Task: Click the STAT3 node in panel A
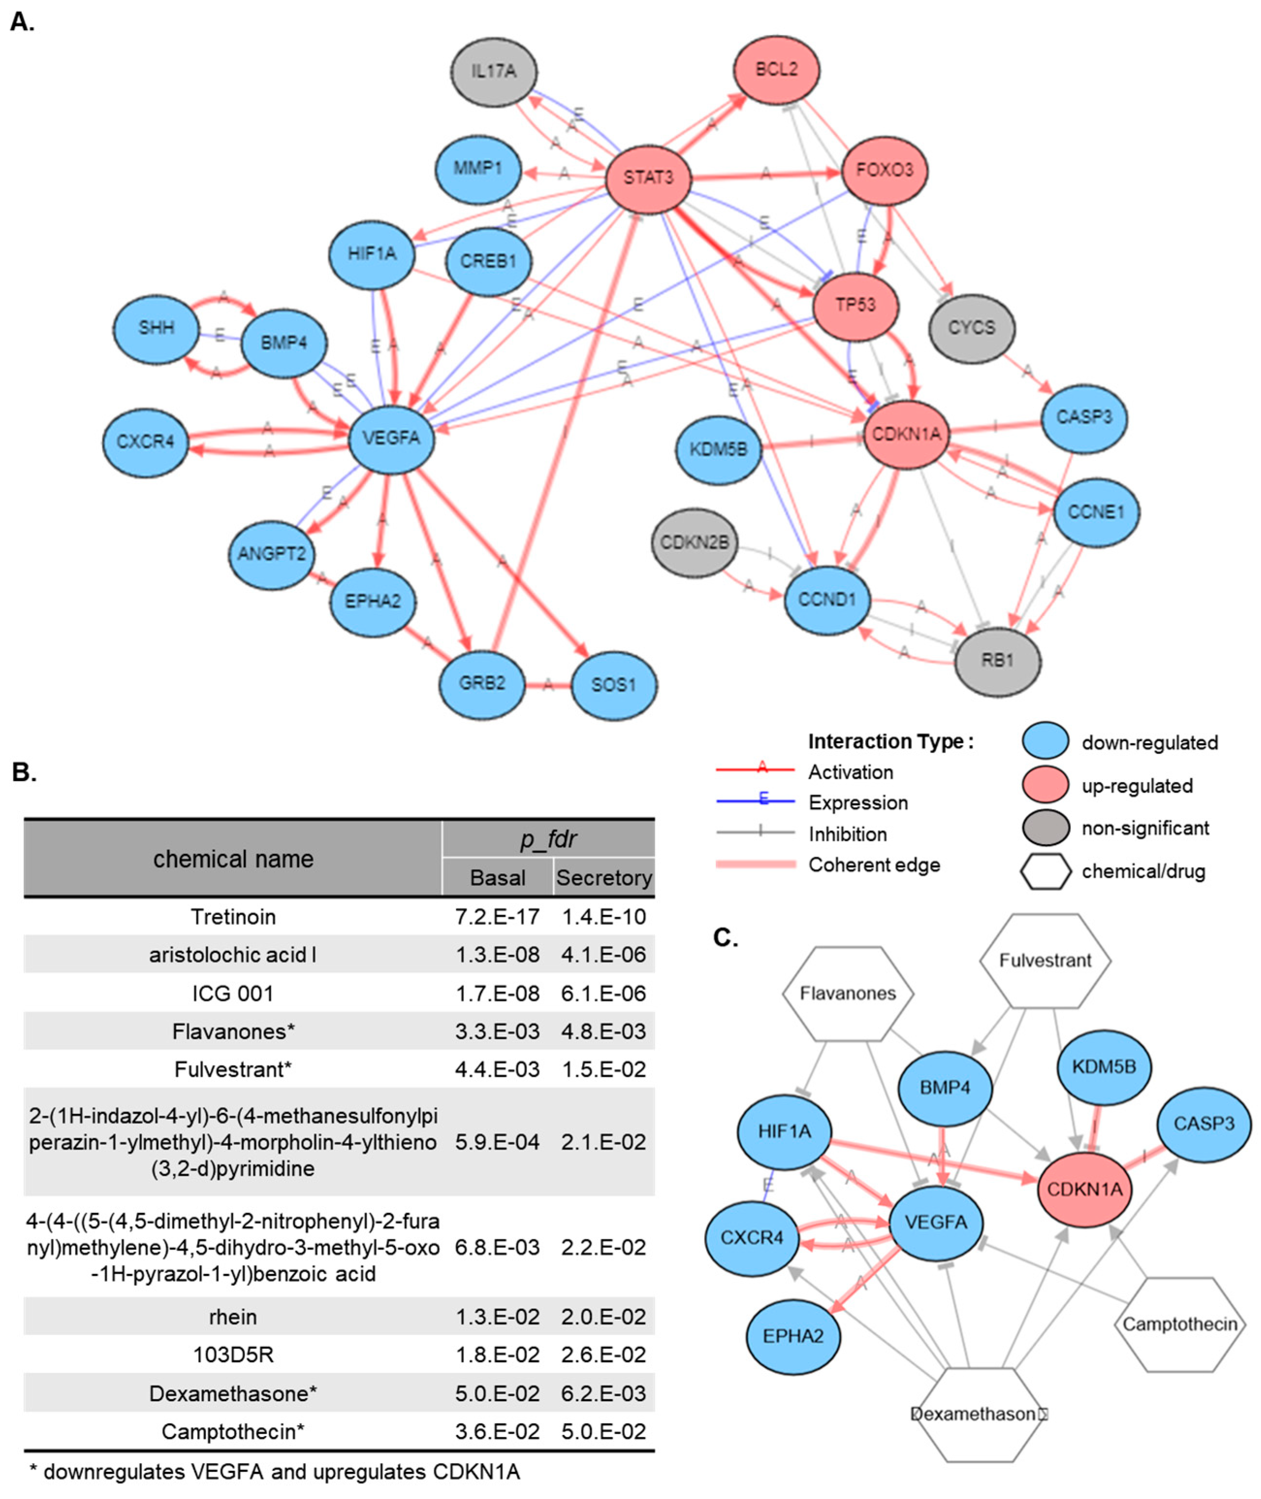pos(648,177)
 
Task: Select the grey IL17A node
pos(494,72)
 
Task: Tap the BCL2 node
pos(776,69)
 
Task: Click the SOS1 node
pos(614,685)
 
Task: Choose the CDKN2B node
pos(694,543)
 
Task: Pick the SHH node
pos(156,328)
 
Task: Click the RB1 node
pos(997,660)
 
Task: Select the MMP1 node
pos(477,169)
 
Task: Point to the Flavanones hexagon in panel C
pos(848,993)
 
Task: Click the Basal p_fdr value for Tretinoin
pos(498,917)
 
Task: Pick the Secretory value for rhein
pos(603,1317)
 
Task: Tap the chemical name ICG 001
pos(233,993)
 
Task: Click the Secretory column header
pos(604,877)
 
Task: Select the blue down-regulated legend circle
pos(1046,742)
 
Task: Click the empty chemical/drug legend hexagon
pos(1046,871)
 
